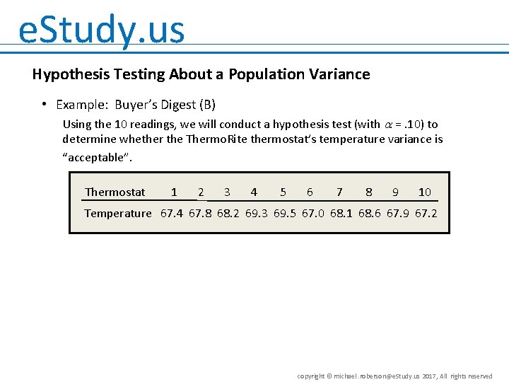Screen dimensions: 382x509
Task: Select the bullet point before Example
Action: (44, 105)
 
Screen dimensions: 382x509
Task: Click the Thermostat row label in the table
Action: (115, 192)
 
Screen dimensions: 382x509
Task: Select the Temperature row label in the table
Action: (117, 213)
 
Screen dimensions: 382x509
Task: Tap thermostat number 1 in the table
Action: (174, 192)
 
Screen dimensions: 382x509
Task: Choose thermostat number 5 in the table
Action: (283, 192)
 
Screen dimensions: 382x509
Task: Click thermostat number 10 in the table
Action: (424, 192)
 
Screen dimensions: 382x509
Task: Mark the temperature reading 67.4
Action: (172, 213)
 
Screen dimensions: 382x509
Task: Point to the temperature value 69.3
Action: (257, 213)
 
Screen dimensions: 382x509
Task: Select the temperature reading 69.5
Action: (285, 213)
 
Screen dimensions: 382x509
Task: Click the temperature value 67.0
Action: (313, 213)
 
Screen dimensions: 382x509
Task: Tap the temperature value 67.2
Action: (426, 213)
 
